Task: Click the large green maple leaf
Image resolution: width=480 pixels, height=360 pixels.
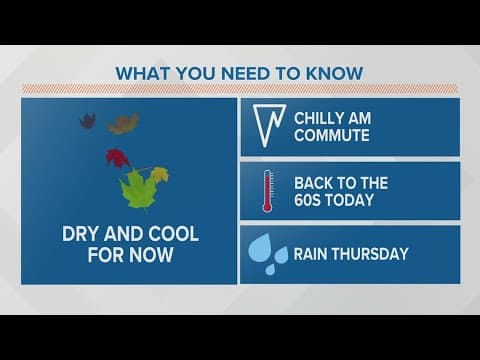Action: tap(137, 188)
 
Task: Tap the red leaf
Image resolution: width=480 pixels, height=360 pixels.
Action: tap(118, 157)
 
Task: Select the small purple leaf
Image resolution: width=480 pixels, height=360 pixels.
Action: tap(88, 121)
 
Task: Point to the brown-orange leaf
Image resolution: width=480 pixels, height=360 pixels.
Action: tap(123, 124)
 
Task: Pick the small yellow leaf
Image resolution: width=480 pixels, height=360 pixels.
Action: tap(160, 175)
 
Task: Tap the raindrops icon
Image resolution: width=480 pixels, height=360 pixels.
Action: tap(266, 253)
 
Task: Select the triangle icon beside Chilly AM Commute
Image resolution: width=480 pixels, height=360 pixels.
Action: tap(266, 127)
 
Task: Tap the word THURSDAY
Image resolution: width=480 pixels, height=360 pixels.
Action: tap(371, 254)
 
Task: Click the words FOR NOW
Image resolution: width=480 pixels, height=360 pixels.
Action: tap(132, 256)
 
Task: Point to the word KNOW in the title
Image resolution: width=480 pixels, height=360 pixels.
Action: tap(335, 73)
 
